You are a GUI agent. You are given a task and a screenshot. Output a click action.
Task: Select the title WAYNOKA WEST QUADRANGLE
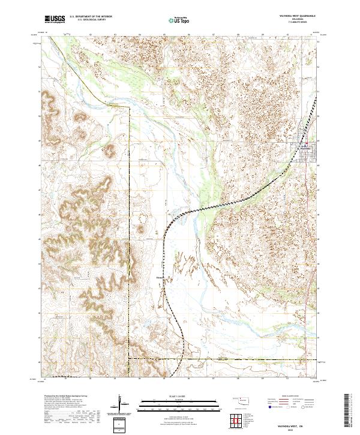coord(293,14)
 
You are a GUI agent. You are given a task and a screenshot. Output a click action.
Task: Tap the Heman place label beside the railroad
coord(160,277)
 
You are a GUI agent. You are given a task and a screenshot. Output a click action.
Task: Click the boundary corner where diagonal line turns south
coord(130,108)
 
